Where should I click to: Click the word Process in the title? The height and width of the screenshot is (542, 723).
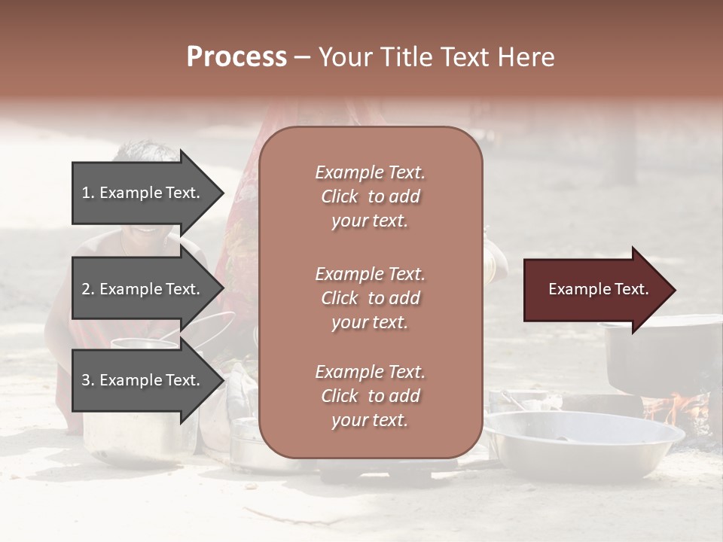coord(236,57)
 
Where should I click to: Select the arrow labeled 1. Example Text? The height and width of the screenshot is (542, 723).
coord(143,193)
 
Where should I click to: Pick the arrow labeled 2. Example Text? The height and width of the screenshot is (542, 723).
coord(143,289)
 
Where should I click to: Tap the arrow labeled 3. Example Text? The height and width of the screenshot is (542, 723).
coord(143,381)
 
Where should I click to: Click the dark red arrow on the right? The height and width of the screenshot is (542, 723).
coord(595,290)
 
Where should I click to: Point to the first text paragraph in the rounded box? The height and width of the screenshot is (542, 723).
coord(370,196)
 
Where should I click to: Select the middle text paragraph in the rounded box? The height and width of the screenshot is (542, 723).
coord(370,298)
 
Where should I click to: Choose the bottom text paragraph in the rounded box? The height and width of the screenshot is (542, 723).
coord(370,396)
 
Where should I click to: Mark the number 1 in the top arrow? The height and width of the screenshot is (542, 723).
coord(86,193)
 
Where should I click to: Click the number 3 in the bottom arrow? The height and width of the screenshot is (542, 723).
coord(87,381)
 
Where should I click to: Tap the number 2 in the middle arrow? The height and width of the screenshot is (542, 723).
coord(87,289)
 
